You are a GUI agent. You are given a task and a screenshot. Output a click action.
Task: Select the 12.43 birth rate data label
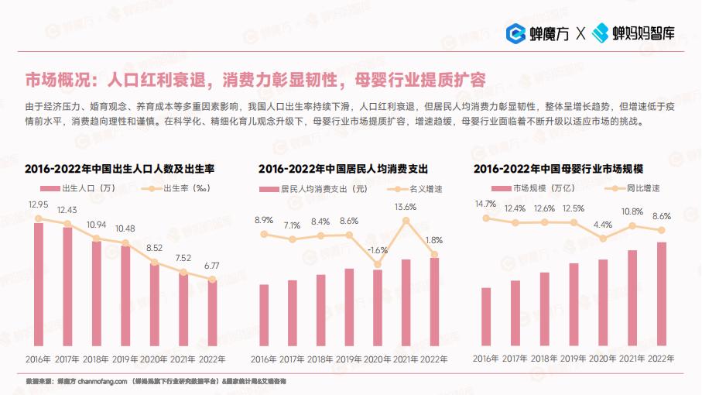click(67, 210)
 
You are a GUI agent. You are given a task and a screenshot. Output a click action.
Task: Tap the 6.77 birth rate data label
click(212, 266)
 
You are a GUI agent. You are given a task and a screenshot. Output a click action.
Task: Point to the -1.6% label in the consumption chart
click(378, 250)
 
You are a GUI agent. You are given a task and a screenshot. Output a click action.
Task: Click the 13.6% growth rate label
click(406, 207)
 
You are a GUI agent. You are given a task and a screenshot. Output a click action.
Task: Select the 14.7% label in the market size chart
click(486, 204)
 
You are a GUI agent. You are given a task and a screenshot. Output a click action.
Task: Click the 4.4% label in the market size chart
click(603, 225)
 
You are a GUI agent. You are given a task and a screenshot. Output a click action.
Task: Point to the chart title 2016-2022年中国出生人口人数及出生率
click(119, 169)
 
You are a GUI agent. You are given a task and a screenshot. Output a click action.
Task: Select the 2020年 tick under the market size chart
click(603, 359)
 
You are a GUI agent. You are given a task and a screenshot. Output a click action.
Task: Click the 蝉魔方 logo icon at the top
click(515, 33)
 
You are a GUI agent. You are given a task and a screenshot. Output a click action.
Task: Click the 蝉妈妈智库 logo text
click(644, 33)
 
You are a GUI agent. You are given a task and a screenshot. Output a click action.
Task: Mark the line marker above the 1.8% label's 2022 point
click(434, 254)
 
